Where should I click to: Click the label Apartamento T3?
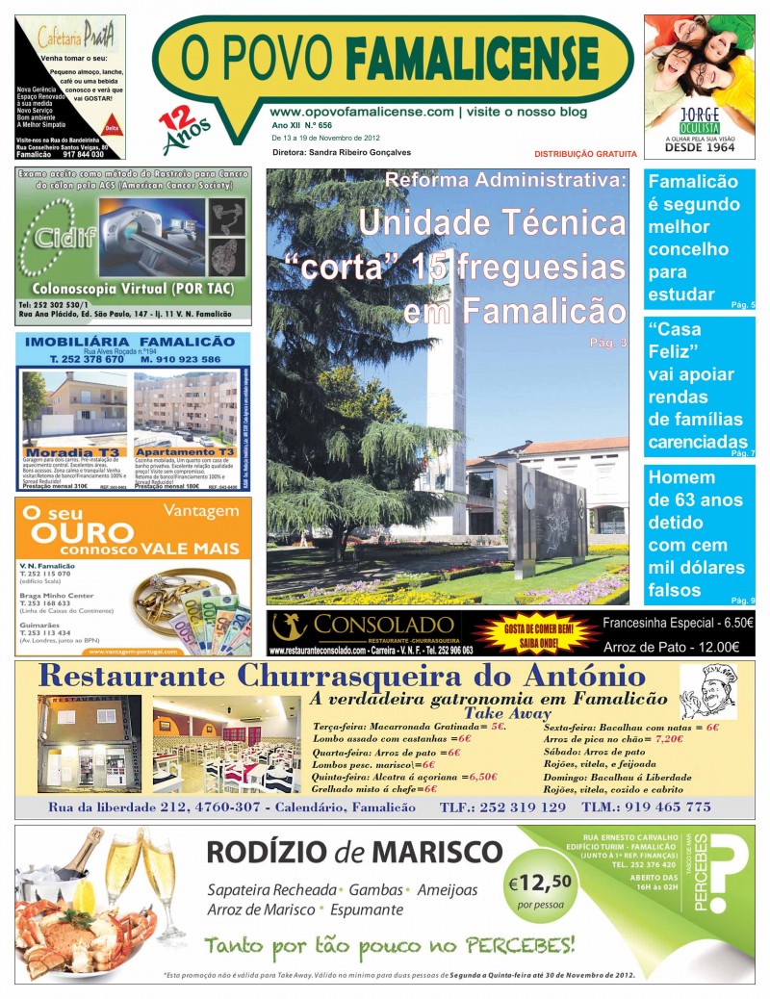click(x=186, y=451)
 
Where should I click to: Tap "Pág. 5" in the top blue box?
click(x=743, y=304)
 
